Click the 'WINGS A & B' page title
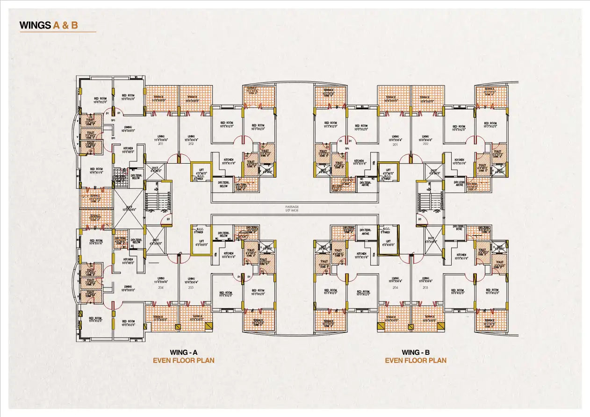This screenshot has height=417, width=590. (x=49, y=25)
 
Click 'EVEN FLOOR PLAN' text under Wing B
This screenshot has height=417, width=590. (x=415, y=360)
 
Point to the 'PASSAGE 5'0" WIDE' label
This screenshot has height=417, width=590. (x=292, y=208)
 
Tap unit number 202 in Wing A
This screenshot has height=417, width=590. (x=191, y=144)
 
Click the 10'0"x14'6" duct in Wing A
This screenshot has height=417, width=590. (x=128, y=208)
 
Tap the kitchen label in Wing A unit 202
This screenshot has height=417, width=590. (x=228, y=161)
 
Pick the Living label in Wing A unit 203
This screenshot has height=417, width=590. (x=191, y=280)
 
